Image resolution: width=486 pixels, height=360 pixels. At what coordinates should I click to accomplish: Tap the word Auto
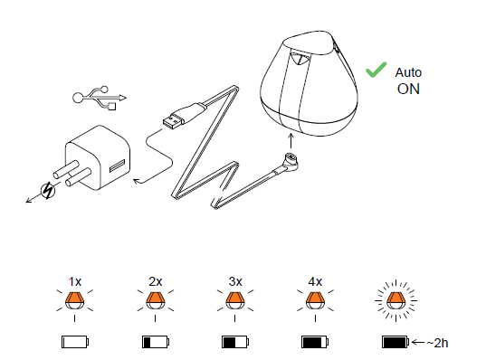(x=408, y=72)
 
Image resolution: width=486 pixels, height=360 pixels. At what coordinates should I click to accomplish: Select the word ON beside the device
(x=408, y=90)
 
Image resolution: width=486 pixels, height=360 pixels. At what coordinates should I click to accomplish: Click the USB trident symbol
(x=100, y=98)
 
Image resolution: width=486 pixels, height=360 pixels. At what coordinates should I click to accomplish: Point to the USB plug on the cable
(x=174, y=120)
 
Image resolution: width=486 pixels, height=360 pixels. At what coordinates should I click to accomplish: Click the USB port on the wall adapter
(x=118, y=166)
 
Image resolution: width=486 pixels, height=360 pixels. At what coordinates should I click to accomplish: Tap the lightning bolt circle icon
(x=48, y=191)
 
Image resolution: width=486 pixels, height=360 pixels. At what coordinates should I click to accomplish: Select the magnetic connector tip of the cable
(x=291, y=161)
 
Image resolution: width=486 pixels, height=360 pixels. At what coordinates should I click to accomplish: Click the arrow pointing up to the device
(x=291, y=141)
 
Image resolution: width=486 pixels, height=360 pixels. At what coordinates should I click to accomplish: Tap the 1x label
(x=75, y=282)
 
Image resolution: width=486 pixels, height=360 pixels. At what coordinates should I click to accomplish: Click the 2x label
(x=155, y=281)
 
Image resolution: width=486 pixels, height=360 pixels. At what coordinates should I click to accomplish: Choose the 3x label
(x=235, y=281)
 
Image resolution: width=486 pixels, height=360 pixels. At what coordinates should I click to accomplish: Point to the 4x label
(x=315, y=281)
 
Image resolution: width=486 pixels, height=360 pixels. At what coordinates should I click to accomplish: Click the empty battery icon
(x=75, y=342)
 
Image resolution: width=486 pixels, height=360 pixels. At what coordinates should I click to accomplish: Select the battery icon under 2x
(x=156, y=342)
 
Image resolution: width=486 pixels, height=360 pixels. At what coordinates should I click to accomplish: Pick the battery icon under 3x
(x=235, y=342)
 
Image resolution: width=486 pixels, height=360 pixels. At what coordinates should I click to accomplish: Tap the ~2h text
(x=437, y=343)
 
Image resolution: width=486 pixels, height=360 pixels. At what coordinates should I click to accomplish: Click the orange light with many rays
(x=395, y=300)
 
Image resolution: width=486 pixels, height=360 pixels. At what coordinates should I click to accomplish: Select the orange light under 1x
(x=75, y=300)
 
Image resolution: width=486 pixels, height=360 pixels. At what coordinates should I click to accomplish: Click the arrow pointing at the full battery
(x=418, y=342)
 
